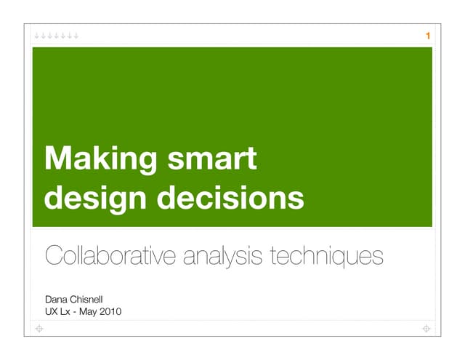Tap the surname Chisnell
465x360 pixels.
(x=92, y=299)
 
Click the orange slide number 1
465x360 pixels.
(x=428, y=36)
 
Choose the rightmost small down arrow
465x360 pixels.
(x=76, y=35)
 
